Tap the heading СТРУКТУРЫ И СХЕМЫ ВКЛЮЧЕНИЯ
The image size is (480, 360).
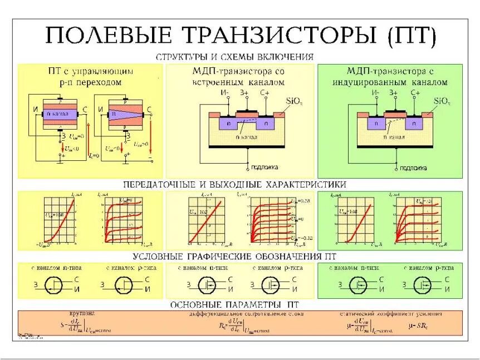234,57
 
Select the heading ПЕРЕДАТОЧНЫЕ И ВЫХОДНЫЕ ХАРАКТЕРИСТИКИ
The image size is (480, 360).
234,184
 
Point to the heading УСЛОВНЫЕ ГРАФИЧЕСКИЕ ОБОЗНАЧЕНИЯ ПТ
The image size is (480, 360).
234,257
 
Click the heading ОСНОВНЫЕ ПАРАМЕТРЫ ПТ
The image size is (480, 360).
234,305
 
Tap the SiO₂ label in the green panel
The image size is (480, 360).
442,101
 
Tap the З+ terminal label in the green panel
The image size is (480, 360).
394,93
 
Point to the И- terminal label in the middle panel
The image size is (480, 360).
224,93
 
